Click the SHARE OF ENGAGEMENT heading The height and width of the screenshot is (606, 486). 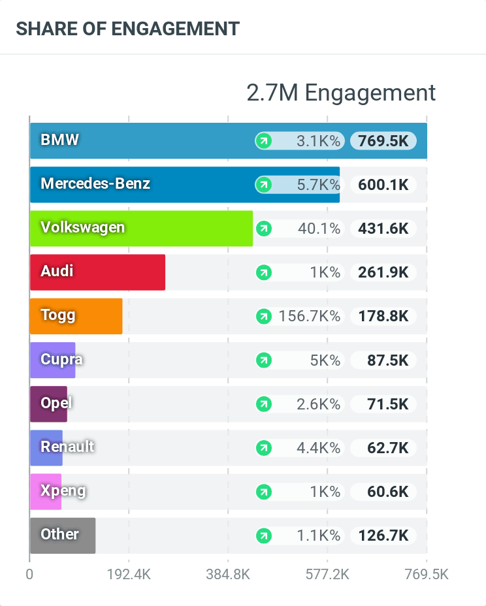click(128, 29)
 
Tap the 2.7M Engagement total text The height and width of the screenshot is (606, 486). click(341, 93)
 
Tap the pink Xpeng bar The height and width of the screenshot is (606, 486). click(46, 491)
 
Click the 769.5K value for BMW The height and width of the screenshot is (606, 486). click(383, 140)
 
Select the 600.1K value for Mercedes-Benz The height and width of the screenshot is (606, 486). click(383, 185)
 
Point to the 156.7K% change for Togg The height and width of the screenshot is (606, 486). click(310, 316)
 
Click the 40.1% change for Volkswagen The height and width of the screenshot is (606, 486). click(319, 229)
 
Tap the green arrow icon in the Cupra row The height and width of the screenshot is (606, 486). click(263, 360)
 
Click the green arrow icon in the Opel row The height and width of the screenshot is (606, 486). click(263, 404)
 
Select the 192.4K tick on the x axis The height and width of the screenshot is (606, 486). click(129, 575)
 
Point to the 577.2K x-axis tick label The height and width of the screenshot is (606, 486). click(327, 575)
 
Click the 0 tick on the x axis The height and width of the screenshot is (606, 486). click(29, 575)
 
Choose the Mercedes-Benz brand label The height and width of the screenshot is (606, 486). click(95, 183)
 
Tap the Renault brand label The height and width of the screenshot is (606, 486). click(67, 447)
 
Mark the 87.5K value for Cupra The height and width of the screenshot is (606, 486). click(387, 360)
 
